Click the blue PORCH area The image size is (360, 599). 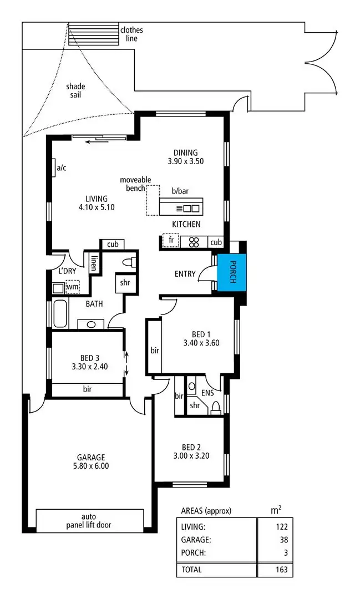(x=231, y=272)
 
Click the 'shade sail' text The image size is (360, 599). (x=75, y=91)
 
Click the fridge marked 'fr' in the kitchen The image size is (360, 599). (x=171, y=242)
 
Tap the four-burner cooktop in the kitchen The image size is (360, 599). (x=194, y=242)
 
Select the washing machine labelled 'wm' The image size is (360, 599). (x=72, y=287)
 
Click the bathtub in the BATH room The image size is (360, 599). (x=60, y=314)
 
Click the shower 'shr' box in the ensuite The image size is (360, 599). (x=194, y=405)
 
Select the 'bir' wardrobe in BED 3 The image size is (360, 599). (x=87, y=389)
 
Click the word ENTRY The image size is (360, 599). (x=184, y=273)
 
